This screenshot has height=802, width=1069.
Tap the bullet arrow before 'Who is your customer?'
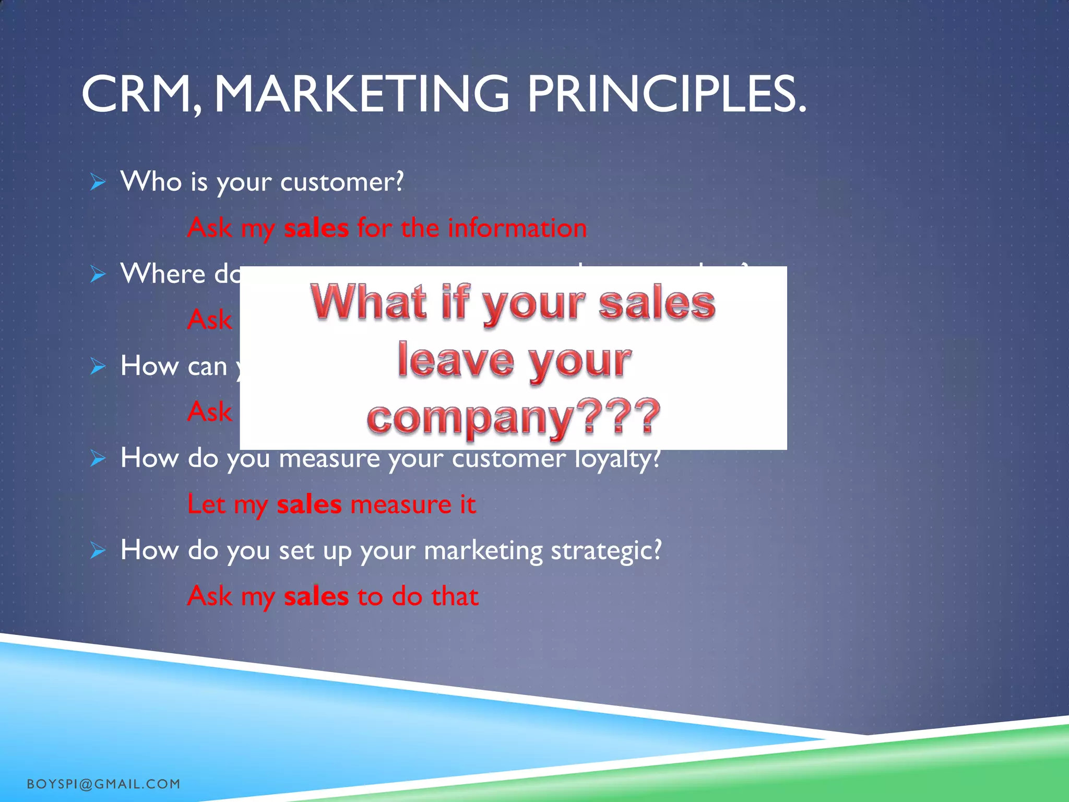click(98, 182)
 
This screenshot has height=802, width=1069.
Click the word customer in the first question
click(341, 182)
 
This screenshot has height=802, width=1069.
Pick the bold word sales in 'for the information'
click(316, 228)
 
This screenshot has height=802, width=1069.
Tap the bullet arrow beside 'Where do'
click(98, 274)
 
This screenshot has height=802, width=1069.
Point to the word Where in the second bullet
click(163, 274)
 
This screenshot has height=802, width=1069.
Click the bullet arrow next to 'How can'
click(98, 366)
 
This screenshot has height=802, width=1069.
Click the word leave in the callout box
click(456, 360)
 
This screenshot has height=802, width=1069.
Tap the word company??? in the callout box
click(514, 417)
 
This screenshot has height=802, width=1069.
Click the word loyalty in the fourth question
click(617, 459)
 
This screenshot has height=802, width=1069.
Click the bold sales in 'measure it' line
click(309, 505)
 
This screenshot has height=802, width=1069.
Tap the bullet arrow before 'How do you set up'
click(98, 550)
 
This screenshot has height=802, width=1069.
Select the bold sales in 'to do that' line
click(316, 596)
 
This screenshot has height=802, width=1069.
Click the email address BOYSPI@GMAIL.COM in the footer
click(103, 784)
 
